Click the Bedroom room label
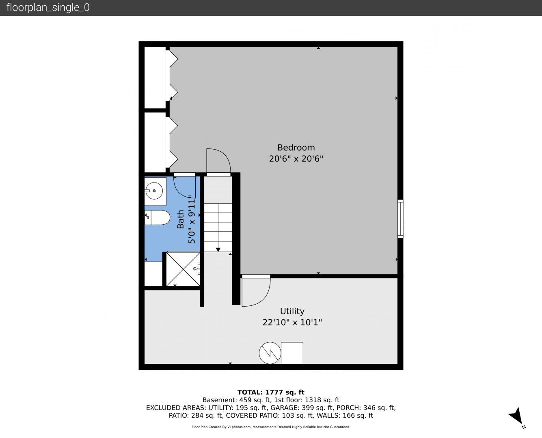tap(296, 148)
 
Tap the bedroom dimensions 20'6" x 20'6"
tap(296, 159)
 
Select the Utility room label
tap(292, 311)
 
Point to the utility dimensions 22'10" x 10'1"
tap(292, 322)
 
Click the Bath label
tap(180, 219)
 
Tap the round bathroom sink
tap(154, 191)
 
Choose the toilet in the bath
tap(157, 218)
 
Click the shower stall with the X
tap(183, 269)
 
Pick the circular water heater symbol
tap(270, 353)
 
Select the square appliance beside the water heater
tap(292, 353)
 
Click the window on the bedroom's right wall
tap(400, 219)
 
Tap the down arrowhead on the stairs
tap(218, 250)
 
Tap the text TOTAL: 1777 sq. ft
tap(271, 392)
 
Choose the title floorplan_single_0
tap(48, 8)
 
